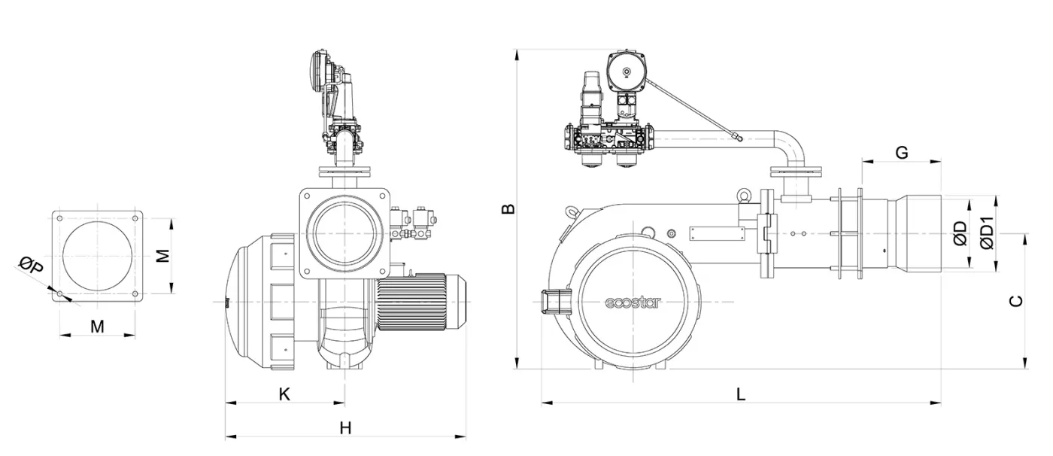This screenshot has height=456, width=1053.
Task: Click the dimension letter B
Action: (x=509, y=208)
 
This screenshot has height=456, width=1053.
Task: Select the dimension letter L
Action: (x=741, y=394)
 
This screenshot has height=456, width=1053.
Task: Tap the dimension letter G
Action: (x=901, y=153)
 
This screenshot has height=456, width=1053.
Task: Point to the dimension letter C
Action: (x=1015, y=301)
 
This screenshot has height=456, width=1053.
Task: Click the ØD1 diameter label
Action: (x=988, y=233)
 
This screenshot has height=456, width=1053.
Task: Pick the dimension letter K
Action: (x=284, y=394)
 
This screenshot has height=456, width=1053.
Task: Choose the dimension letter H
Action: (x=345, y=427)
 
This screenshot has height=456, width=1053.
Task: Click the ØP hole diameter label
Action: (x=31, y=265)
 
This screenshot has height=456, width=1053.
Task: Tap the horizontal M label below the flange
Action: (x=97, y=326)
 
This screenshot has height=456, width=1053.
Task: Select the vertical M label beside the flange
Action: (x=162, y=256)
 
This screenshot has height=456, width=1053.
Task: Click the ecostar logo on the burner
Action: (x=633, y=303)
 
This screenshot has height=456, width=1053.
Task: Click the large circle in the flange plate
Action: (x=97, y=256)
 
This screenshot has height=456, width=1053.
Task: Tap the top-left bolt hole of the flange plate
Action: (x=59, y=217)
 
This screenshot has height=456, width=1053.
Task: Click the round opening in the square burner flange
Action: (x=344, y=233)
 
